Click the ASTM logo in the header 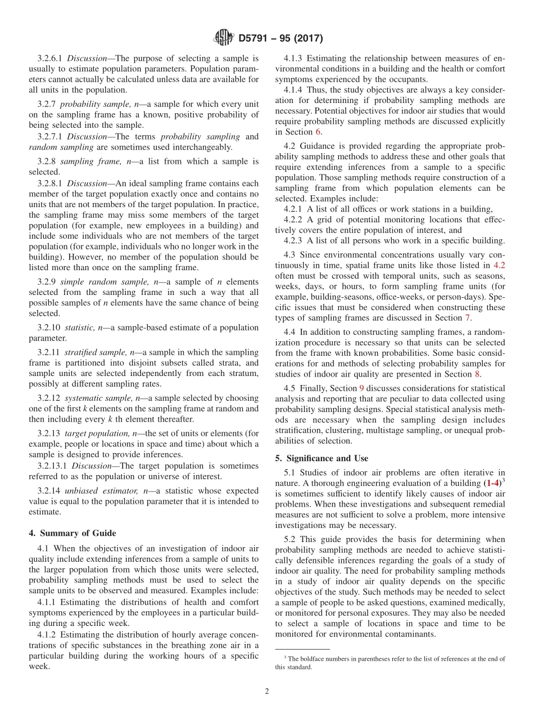(x=223, y=38)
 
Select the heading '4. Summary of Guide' (x=73, y=533)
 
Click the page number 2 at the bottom (x=267, y=691)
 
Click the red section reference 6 (x=318, y=132)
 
